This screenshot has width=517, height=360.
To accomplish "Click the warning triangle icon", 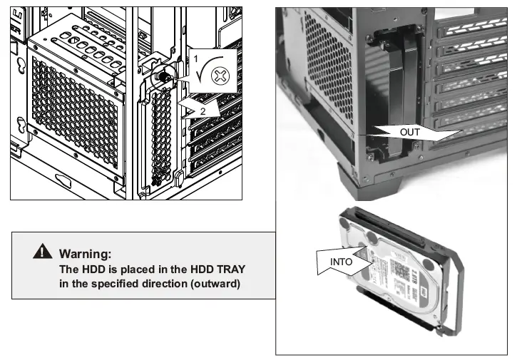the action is [x=45, y=252].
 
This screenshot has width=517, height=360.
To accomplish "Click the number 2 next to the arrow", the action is [x=203, y=112].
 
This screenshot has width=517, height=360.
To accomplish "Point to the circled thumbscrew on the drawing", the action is [x=163, y=73].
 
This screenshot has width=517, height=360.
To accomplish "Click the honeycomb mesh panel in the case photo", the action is [x=328, y=71].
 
